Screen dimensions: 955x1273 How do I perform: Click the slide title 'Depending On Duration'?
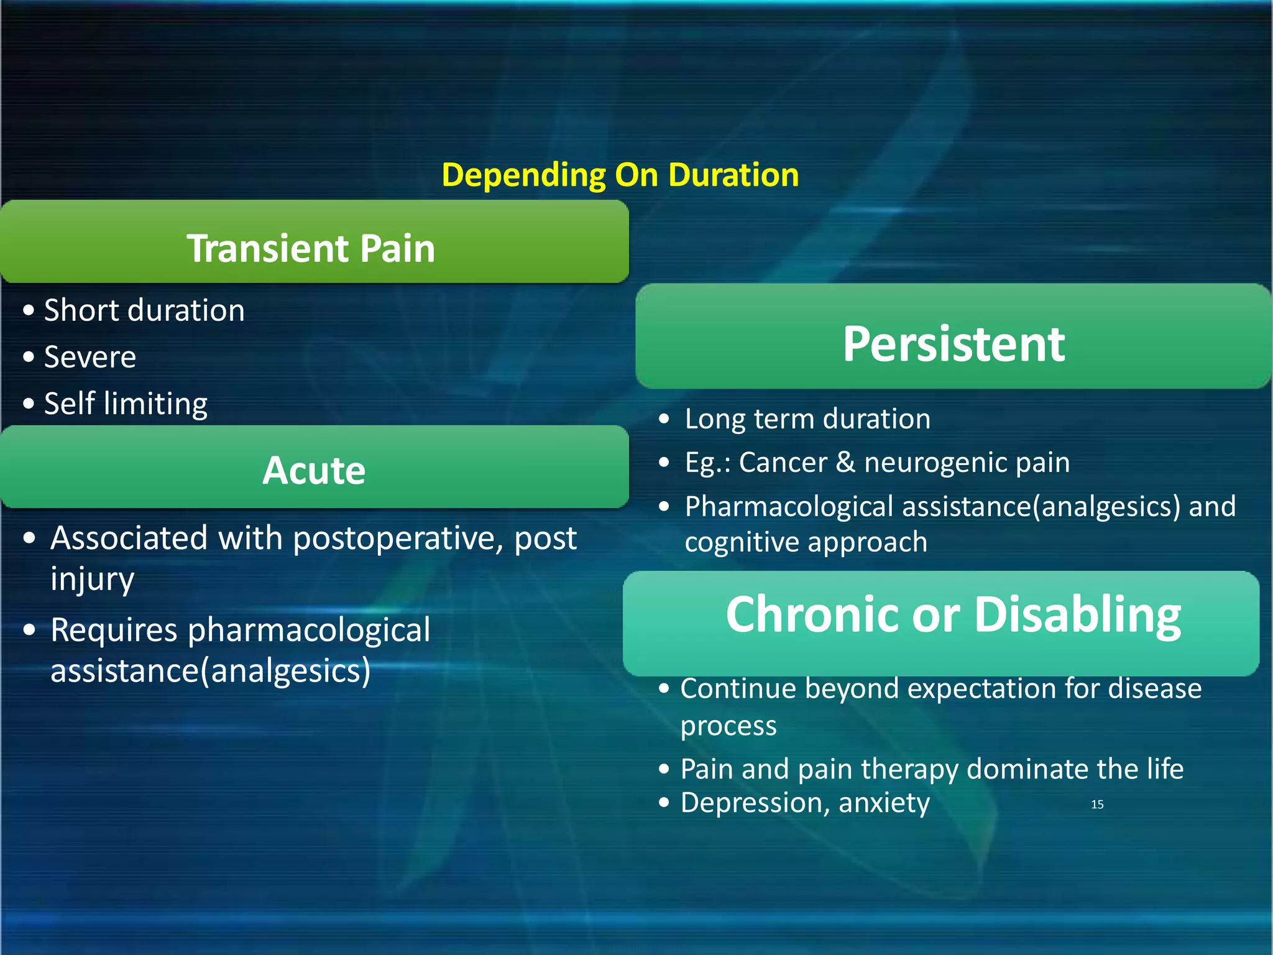coord(620,175)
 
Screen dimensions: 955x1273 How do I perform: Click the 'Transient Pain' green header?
coord(311,248)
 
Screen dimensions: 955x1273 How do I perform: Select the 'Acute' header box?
coord(314,470)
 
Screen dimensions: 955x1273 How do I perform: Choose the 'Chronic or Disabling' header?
coord(954,615)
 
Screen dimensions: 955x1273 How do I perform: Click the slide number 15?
coord(1097,805)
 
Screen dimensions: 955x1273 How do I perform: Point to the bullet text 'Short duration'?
coord(144,310)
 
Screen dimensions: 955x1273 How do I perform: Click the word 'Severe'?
coord(90,357)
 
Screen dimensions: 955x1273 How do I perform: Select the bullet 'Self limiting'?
coord(126,404)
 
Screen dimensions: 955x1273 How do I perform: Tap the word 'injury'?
coord(92,579)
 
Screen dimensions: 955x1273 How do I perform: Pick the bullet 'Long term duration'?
coord(807,419)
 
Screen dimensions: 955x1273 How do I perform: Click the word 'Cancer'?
coord(783,463)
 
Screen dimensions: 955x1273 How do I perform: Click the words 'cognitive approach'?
coord(806,542)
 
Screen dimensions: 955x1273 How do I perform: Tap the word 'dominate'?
coord(1028,769)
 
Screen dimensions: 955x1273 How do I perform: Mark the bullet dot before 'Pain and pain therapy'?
coord(664,769)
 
